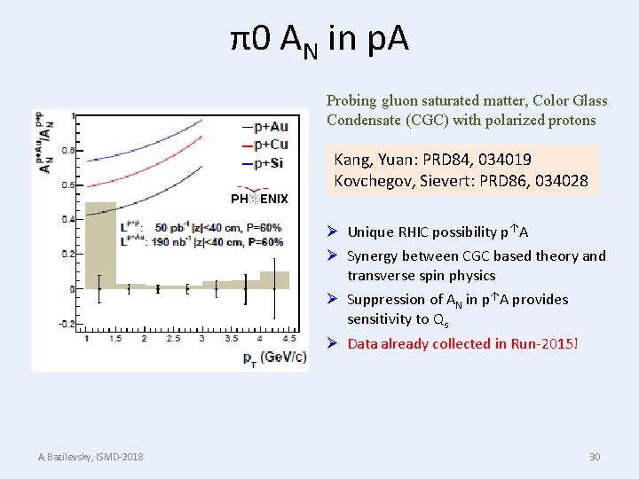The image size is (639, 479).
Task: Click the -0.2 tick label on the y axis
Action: point(66,324)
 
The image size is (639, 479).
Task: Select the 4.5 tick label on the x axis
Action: point(288,339)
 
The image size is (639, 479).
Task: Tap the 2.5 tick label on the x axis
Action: point(173,339)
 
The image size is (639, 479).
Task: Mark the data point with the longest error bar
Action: point(274,287)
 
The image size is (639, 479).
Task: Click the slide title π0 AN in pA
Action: point(319,39)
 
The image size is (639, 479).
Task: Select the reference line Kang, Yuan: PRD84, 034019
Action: point(433,160)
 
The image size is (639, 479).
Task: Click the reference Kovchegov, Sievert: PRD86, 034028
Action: point(461,181)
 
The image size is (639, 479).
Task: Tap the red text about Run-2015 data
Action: point(462,343)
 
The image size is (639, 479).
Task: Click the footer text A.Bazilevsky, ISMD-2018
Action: point(91,457)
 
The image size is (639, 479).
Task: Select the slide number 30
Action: point(595,457)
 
